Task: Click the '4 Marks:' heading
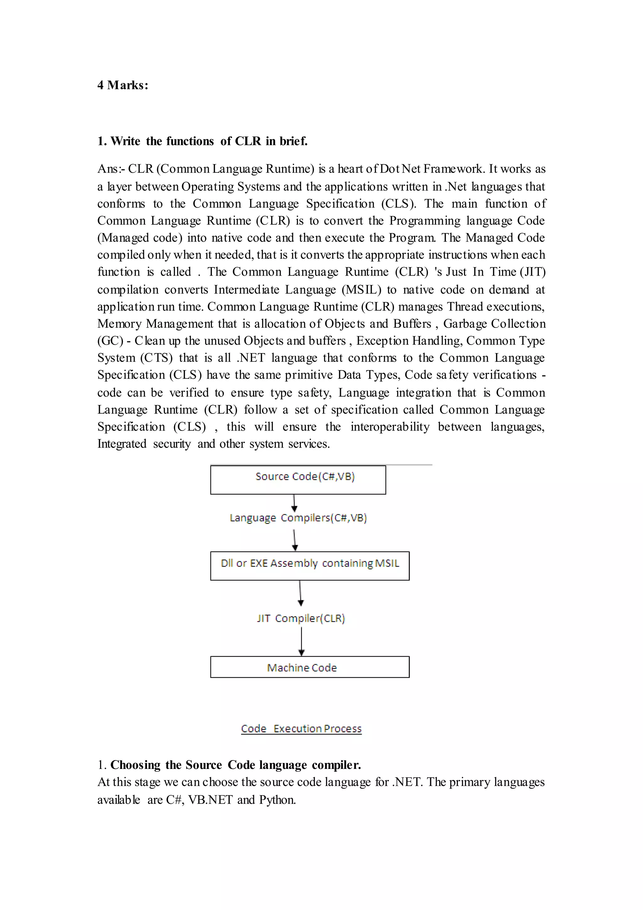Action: click(x=123, y=85)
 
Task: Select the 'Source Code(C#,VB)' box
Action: click(x=298, y=480)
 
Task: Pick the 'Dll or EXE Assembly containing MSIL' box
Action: click(x=310, y=566)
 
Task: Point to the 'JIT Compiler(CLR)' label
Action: click(x=301, y=618)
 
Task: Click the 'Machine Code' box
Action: click(x=310, y=667)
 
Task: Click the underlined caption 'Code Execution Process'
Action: click(x=301, y=728)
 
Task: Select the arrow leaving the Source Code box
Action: click(x=294, y=503)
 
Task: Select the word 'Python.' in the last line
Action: click(x=277, y=800)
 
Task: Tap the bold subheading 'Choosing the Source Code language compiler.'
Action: click(x=235, y=765)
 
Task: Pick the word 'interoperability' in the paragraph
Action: click(x=390, y=427)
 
